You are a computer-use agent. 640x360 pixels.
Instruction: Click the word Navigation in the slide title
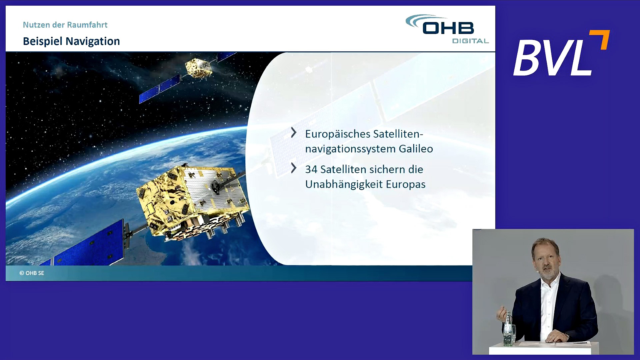click(93, 41)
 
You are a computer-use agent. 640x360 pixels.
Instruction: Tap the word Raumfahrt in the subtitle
click(87, 25)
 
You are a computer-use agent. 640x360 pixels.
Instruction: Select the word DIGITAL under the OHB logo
click(470, 41)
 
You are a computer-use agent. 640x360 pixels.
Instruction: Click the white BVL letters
click(553, 58)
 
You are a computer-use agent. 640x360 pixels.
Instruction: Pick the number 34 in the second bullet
click(311, 169)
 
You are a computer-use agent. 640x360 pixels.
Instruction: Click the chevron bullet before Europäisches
click(294, 132)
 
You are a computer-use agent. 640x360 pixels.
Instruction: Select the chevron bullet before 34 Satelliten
click(294, 168)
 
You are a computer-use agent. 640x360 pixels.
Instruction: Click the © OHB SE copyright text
click(32, 273)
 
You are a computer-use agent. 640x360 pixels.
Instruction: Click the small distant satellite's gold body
click(198, 68)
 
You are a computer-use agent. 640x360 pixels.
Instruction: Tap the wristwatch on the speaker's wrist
click(567, 335)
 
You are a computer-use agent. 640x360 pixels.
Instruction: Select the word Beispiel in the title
click(43, 41)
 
